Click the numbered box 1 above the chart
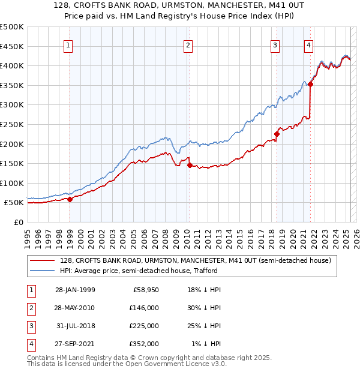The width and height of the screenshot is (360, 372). pyautogui.click(x=68, y=45)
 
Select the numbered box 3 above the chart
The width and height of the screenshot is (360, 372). pyautogui.click(x=275, y=45)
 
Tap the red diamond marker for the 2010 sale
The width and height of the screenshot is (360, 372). pyautogui.click(x=190, y=165)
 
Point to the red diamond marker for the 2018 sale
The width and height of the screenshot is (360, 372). pyautogui.click(x=277, y=134)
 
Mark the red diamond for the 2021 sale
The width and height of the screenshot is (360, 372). pyautogui.click(x=311, y=85)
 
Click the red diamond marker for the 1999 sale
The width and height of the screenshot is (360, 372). pyautogui.click(x=70, y=199)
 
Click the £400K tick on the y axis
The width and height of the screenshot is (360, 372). pyautogui.click(x=12, y=65)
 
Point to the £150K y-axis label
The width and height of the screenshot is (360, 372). pyautogui.click(x=12, y=163)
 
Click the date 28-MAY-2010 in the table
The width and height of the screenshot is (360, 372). pyautogui.click(x=74, y=307)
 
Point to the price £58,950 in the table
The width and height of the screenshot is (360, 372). pyautogui.click(x=145, y=289)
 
